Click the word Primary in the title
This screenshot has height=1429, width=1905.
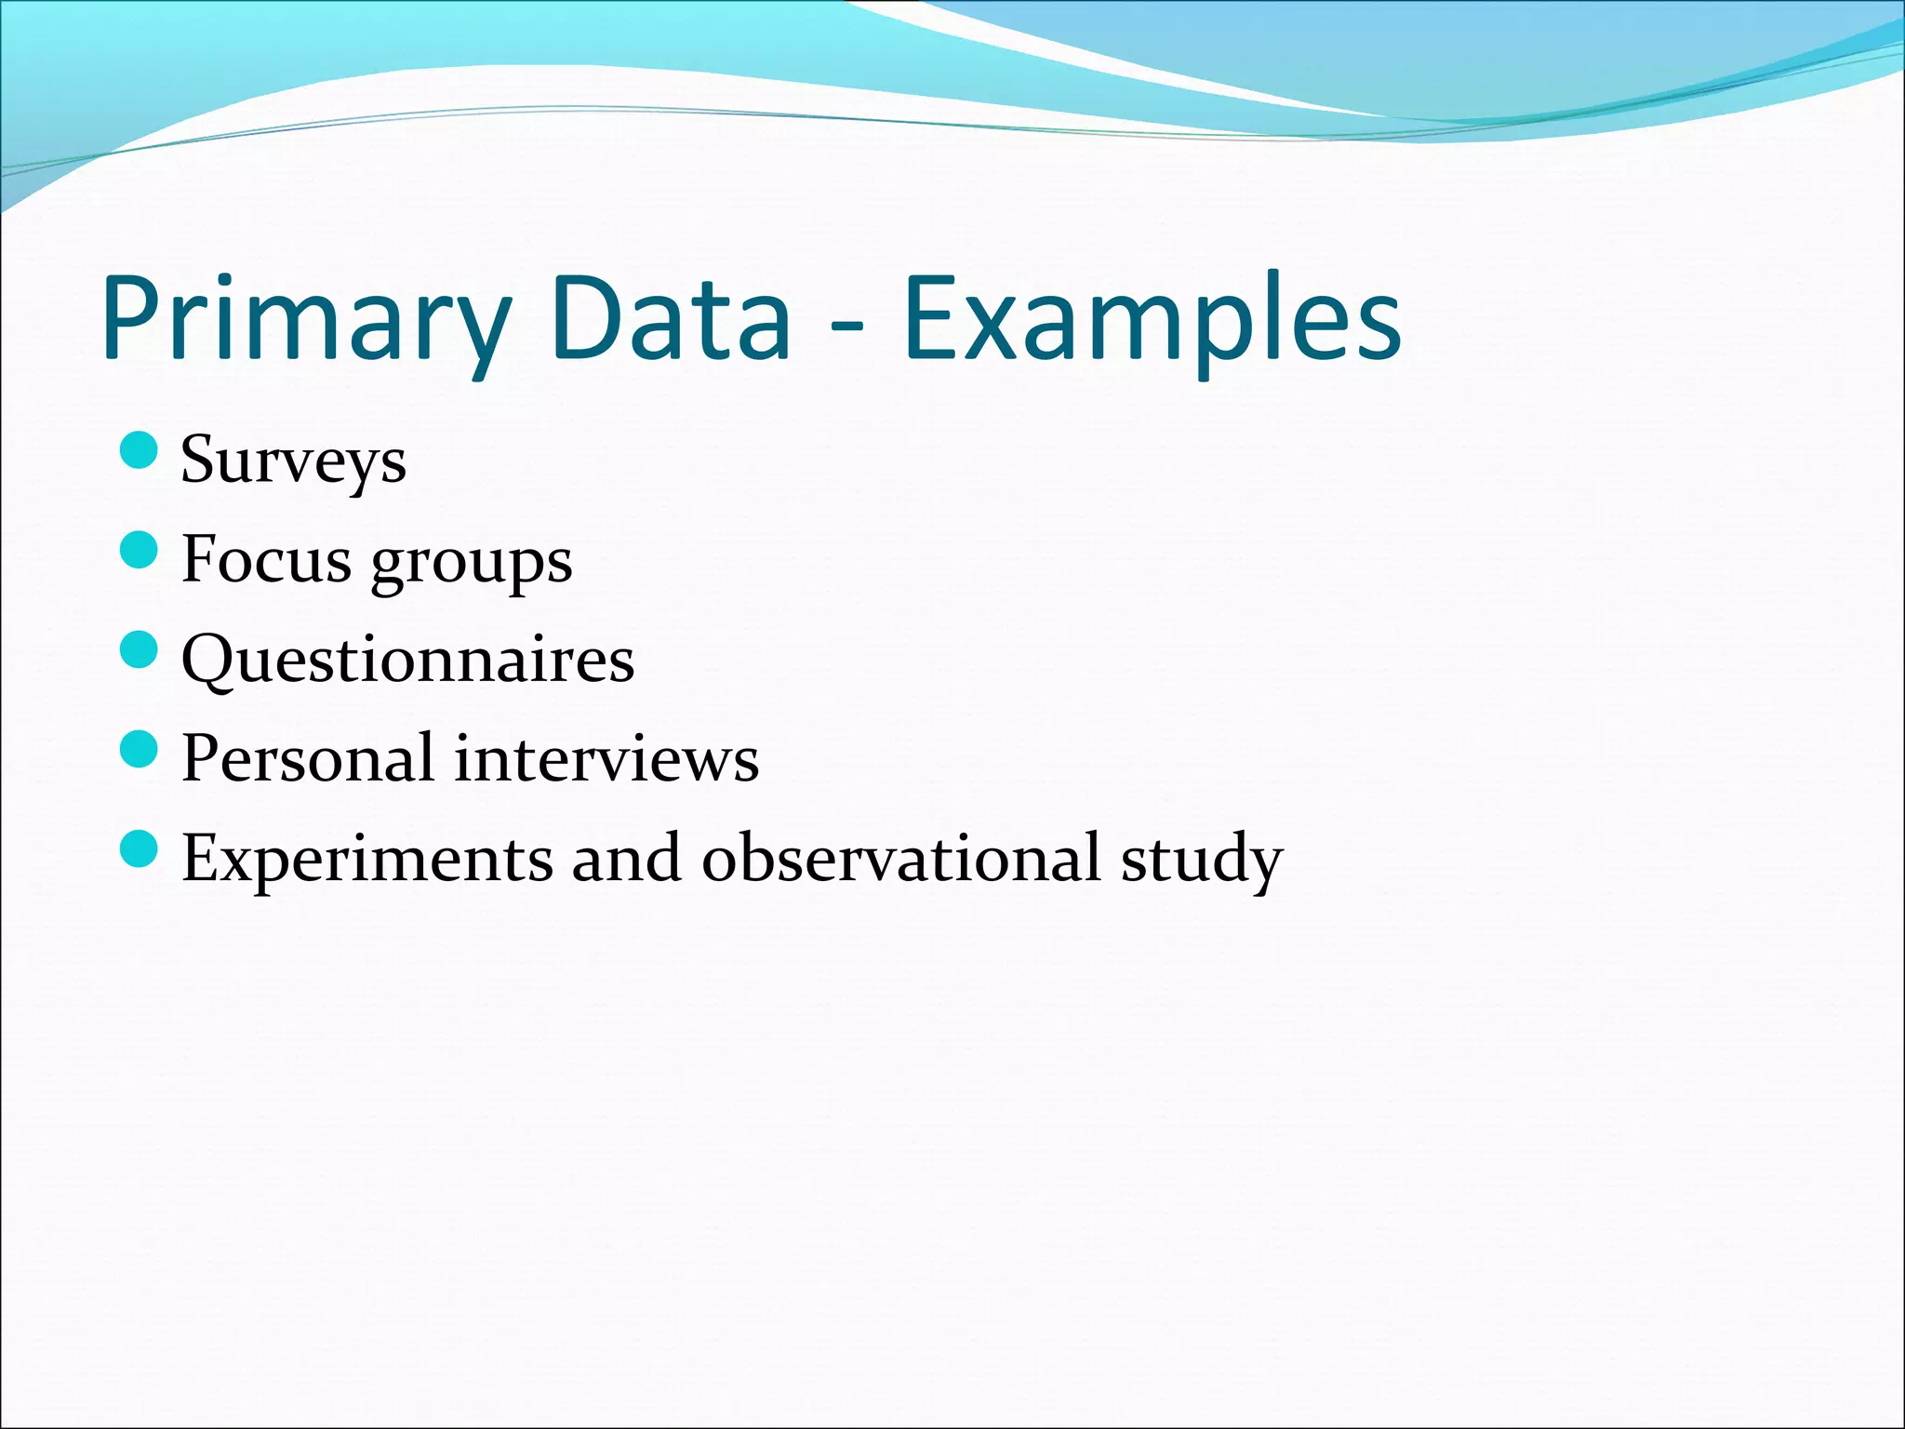coord(307,321)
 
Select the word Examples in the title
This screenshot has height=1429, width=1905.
coord(1152,321)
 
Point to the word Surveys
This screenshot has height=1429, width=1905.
coord(293,461)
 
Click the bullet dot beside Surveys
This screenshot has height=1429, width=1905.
coord(140,451)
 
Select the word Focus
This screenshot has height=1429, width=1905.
coord(267,560)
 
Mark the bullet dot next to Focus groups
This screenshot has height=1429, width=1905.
coord(140,551)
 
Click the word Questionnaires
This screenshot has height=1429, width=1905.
coord(407,661)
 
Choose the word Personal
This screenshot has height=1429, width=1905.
coord(308,758)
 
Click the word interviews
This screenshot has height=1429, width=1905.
coord(606,758)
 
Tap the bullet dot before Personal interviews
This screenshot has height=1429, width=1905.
coord(140,749)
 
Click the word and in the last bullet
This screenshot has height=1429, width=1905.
coord(626,858)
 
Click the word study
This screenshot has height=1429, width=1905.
coord(1201,861)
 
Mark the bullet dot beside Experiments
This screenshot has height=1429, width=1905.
coord(140,848)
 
